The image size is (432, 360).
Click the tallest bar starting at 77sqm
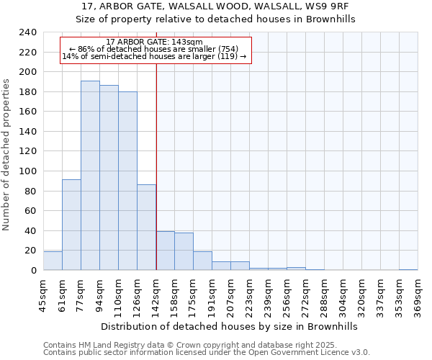(x=90, y=176)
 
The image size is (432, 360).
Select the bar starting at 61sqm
(x=71, y=225)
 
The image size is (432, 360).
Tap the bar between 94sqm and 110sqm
(x=109, y=178)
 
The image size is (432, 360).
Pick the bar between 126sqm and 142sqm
(x=146, y=228)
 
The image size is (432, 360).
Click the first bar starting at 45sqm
(x=53, y=261)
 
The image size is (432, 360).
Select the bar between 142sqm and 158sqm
(x=165, y=251)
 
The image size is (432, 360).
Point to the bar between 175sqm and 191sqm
(x=202, y=261)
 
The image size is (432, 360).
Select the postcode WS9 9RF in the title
(x=330, y=6)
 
